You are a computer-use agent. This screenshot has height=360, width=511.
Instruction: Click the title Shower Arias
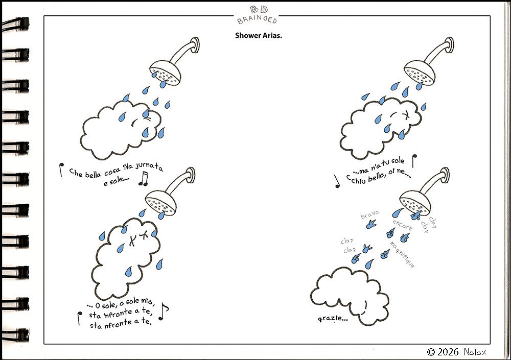click(x=259, y=35)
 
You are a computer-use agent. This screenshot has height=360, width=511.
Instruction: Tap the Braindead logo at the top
click(x=258, y=15)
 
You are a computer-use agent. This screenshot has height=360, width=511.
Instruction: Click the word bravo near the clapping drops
click(x=370, y=214)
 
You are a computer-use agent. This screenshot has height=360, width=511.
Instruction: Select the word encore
click(x=403, y=225)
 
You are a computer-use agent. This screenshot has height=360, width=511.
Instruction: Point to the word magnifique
click(x=403, y=254)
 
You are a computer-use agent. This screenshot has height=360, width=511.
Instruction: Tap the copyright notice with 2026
click(x=456, y=352)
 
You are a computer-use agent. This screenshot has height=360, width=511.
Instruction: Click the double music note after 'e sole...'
click(x=144, y=179)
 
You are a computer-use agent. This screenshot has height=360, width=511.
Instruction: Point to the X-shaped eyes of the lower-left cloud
click(x=138, y=238)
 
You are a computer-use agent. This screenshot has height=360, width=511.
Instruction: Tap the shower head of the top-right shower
click(x=420, y=72)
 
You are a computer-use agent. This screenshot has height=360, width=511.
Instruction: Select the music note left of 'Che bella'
click(x=61, y=170)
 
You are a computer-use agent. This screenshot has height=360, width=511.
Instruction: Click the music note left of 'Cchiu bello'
click(x=337, y=181)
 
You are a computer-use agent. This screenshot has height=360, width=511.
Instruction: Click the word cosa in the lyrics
click(x=112, y=172)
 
